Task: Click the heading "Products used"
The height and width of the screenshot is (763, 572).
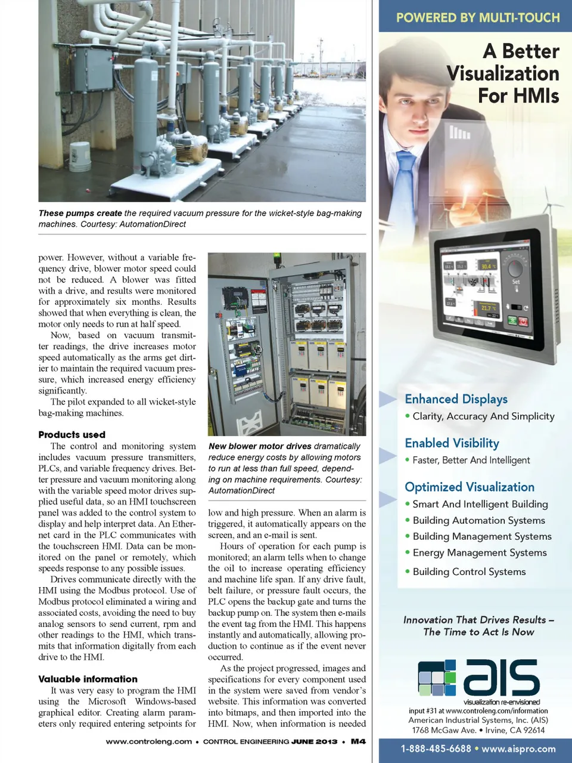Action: (x=71, y=435)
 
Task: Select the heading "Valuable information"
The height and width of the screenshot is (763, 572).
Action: (x=88, y=679)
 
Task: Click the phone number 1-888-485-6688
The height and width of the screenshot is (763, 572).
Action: (x=435, y=749)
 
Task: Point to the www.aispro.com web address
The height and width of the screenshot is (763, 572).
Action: (x=518, y=749)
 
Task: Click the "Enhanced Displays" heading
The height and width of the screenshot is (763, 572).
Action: (x=456, y=399)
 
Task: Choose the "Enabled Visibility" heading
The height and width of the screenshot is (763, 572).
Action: (x=452, y=443)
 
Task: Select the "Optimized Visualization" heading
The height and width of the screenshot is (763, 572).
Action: (x=470, y=487)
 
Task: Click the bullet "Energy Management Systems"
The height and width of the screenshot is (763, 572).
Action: (x=479, y=553)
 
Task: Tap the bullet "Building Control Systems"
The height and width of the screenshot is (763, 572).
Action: (x=469, y=572)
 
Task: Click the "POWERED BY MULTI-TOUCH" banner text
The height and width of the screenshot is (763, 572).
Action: (x=478, y=18)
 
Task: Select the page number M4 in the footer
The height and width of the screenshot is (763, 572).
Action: (x=358, y=742)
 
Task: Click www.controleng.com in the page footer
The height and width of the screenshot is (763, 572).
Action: (x=148, y=742)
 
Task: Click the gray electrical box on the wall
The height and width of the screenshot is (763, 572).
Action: (x=93, y=69)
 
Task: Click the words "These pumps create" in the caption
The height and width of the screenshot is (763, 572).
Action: (x=80, y=213)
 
